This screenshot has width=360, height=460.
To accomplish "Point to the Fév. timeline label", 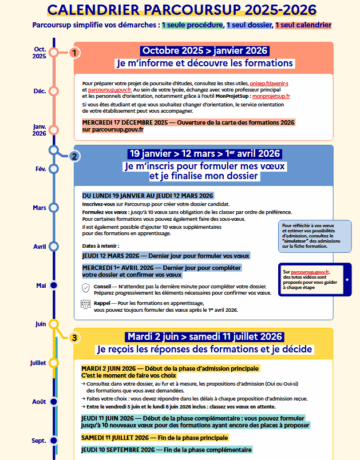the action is point(40,169).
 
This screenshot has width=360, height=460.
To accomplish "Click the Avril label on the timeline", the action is point(39,246).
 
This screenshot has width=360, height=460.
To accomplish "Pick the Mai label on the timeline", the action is point(40,285).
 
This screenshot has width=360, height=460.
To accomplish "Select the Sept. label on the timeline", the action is point(39,440).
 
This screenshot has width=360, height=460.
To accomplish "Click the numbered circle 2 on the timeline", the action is point(74,156).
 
